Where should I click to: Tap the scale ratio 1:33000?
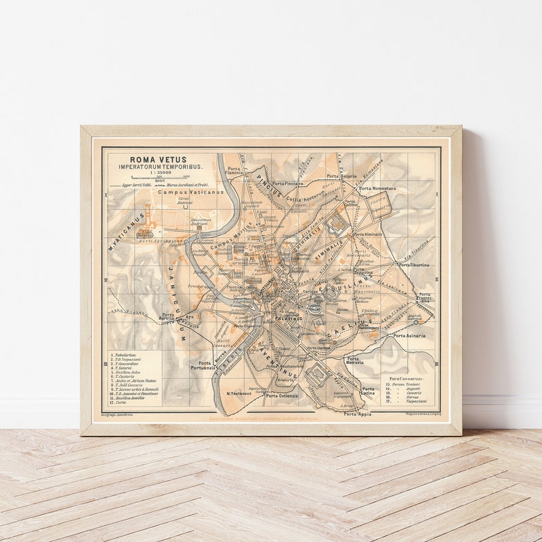[x=160, y=173]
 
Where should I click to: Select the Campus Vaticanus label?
[x=190, y=192]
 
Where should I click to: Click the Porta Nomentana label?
[x=377, y=188]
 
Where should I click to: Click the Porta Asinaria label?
[x=409, y=335]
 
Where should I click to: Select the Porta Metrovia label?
[x=354, y=361]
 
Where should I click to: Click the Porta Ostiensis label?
[x=282, y=396]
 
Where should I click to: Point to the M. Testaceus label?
[x=238, y=394]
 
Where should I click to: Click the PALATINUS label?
[x=288, y=318]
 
